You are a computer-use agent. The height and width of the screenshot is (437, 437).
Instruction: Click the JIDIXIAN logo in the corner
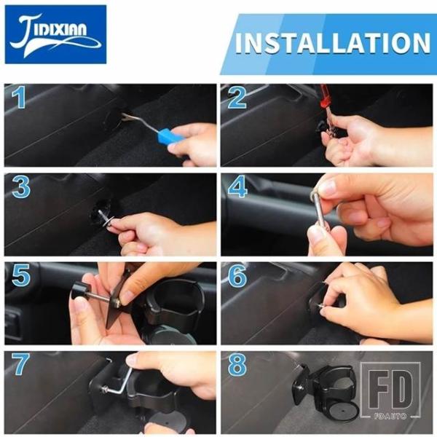point(55,34)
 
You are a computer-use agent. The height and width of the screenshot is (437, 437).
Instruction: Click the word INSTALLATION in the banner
point(333,43)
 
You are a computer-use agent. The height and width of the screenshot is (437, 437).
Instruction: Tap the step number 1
point(18,98)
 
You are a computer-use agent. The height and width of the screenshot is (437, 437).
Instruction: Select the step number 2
point(237,98)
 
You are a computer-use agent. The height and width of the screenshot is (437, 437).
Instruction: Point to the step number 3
point(21,187)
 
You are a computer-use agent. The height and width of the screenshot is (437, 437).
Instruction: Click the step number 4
point(237,186)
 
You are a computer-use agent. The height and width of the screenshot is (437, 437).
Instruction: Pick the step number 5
point(21,275)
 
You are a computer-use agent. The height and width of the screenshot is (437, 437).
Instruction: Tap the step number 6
point(237,275)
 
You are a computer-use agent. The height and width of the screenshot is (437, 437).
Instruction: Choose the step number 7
point(20,364)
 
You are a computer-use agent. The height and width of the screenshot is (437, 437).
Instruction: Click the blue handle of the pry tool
point(170,136)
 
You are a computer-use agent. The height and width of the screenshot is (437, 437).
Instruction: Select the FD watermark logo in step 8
point(390,390)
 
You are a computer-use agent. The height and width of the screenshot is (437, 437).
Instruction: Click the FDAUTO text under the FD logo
point(390,416)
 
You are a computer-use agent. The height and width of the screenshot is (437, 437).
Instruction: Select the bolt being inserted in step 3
point(104,216)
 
